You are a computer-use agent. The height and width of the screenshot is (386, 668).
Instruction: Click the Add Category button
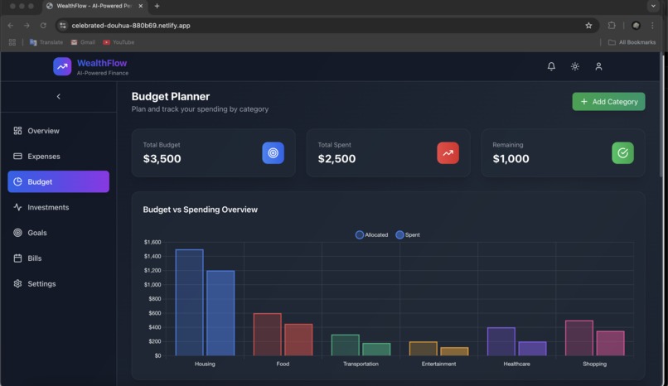pos(608,101)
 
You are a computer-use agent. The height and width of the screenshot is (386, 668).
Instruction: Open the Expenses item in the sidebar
pos(43,157)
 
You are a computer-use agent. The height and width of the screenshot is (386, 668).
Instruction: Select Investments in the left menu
pos(47,207)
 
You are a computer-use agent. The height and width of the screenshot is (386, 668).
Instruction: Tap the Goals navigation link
pos(36,233)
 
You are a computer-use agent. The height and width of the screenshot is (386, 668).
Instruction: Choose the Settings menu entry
pos(41,284)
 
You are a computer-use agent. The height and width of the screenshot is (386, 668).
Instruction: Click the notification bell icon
pos(551,66)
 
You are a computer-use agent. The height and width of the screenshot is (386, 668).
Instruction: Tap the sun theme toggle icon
pos(575,66)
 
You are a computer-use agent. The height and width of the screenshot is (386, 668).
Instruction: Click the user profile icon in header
pos(598,66)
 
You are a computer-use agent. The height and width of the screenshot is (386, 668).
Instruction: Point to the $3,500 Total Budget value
pos(162,159)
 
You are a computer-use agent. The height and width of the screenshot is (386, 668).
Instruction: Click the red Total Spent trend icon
pos(448,152)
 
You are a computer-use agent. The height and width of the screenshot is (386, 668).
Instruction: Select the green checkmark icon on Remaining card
pos(622,152)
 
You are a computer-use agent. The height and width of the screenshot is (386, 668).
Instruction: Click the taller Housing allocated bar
pos(189,302)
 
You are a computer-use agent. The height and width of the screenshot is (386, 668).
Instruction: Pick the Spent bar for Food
pos(298,340)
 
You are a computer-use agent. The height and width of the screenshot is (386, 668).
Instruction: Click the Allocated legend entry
pos(371,235)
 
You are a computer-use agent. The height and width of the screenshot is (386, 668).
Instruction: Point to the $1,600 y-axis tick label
pos(152,242)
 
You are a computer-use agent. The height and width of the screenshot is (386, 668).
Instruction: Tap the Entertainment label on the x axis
pos(438,364)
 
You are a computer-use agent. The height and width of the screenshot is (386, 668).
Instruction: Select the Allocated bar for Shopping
pos(578,338)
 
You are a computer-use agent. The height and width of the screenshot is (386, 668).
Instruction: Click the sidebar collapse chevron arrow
pos(58,97)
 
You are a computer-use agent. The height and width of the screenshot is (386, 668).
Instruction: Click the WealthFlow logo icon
pos(62,66)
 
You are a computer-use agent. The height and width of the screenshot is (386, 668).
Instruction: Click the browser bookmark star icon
pos(588,26)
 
